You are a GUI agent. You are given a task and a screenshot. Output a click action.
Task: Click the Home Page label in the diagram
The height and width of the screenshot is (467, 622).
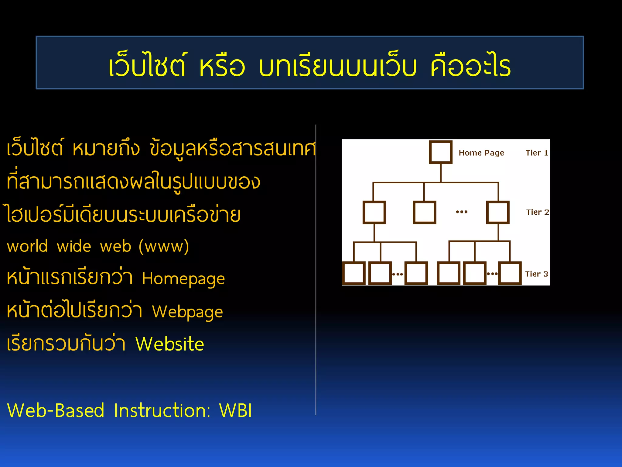click(481, 153)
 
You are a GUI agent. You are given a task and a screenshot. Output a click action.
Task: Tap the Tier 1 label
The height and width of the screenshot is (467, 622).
click(537, 153)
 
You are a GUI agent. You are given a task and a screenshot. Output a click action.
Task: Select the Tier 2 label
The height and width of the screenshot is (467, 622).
click(537, 212)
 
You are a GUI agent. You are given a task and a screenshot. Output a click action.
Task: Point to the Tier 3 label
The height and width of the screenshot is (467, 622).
click(536, 274)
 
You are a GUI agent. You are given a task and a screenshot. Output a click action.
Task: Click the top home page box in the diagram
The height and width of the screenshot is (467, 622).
click(441, 152)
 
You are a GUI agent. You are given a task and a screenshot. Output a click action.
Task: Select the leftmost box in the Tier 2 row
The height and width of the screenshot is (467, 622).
click(374, 212)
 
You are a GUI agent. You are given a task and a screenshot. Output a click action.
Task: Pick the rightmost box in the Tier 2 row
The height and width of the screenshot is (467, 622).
click(498, 212)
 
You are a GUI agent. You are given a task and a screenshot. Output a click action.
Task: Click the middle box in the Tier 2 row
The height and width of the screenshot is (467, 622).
click(424, 212)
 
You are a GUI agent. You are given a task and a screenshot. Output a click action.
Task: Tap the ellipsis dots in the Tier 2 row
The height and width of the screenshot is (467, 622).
click(462, 212)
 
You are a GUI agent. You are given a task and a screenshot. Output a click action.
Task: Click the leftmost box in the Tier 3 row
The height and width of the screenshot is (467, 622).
click(354, 273)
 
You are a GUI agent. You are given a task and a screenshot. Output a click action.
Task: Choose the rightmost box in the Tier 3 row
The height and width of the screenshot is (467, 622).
click(510, 273)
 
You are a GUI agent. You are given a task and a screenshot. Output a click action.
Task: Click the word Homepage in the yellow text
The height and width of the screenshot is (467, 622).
click(183, 279)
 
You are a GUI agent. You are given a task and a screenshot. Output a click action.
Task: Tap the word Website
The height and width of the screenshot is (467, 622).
click(169, 344)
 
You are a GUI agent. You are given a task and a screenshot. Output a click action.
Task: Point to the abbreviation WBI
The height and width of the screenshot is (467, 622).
click(235, 411)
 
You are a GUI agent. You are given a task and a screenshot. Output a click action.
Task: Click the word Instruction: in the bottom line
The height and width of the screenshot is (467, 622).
click(162, 411)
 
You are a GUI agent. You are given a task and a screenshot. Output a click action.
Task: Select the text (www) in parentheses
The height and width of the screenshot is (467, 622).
click(164, 246)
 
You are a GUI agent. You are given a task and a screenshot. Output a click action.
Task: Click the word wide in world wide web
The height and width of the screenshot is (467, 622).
click(74, 246)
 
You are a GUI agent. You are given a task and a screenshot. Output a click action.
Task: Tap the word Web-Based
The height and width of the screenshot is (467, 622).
click(56, 411)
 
